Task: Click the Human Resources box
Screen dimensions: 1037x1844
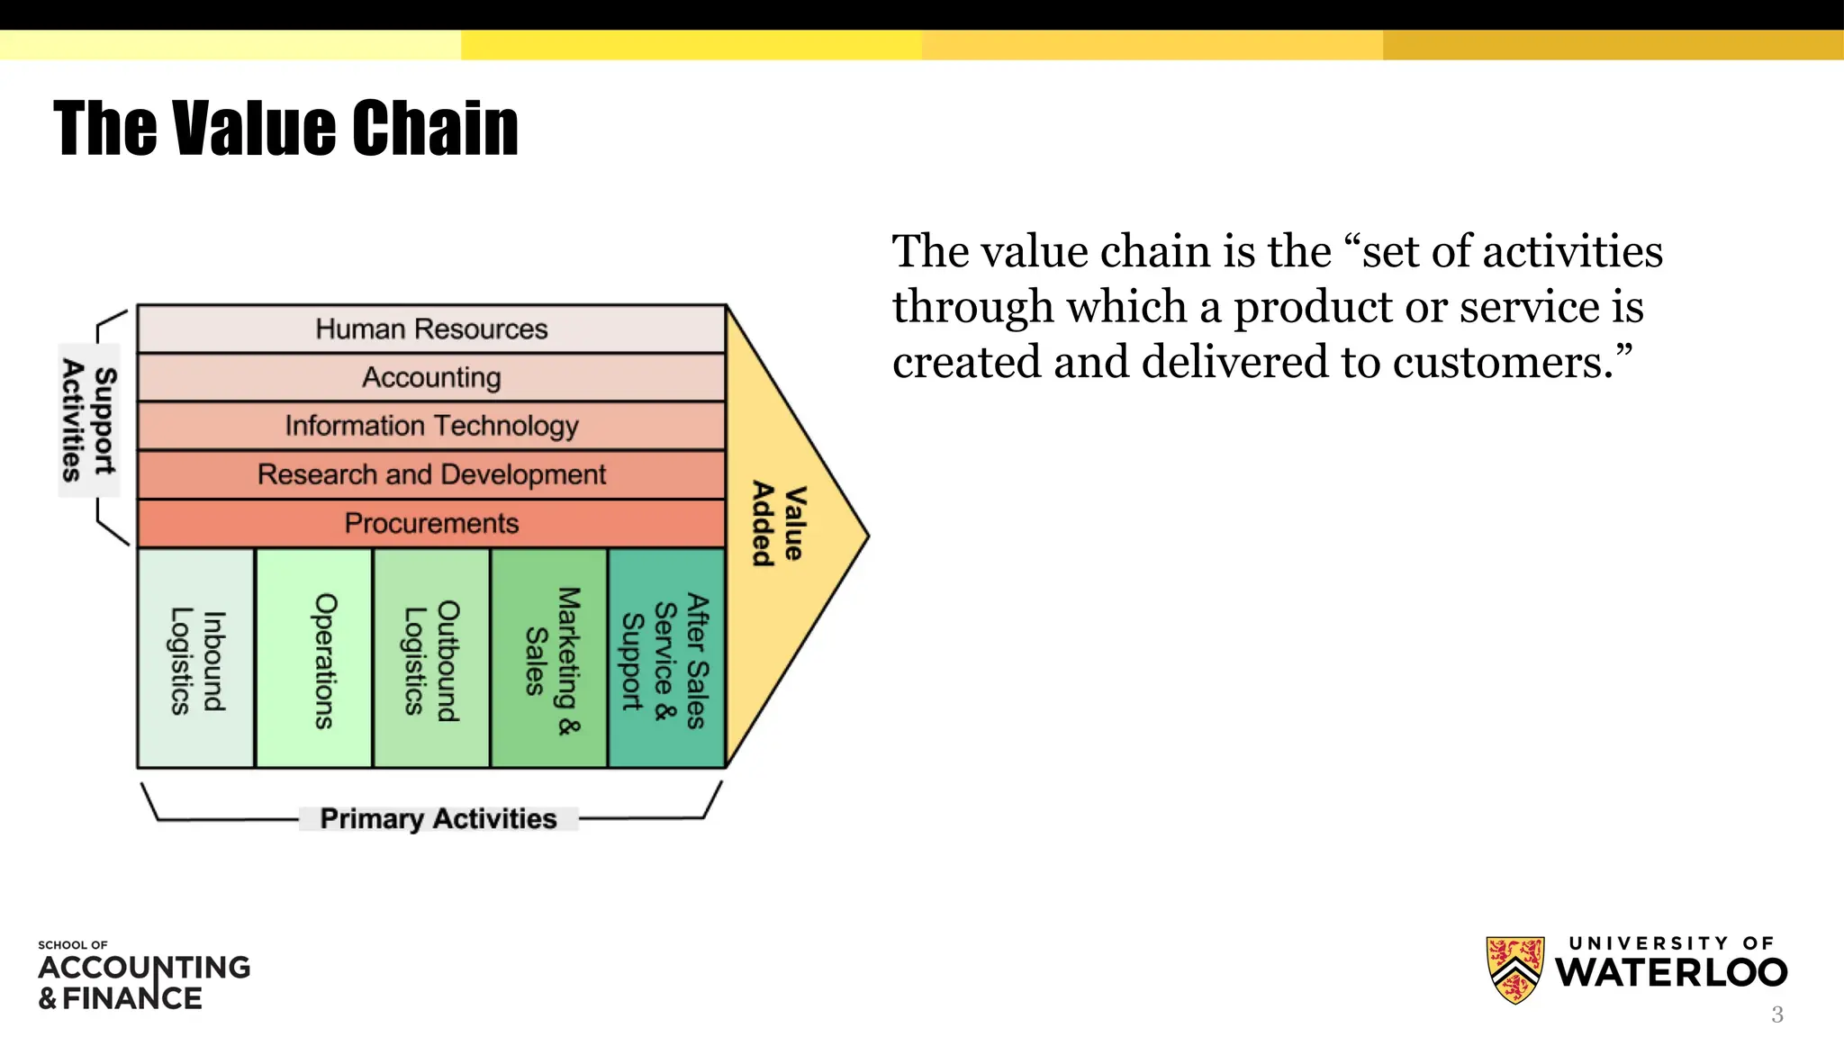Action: (x=431, y=329)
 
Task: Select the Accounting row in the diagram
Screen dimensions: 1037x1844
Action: (x=431, y=377)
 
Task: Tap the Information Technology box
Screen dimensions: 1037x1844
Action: (x=431, y=426)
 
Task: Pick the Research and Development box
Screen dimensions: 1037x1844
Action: (x=431, y=474)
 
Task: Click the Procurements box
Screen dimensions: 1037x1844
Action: (x=431, y=523)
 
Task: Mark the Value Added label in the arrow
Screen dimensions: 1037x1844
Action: (x=779, y=524)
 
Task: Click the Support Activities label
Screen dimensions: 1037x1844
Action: (x=88, y=420)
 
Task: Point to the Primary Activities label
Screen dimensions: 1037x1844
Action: (x=438, y=818)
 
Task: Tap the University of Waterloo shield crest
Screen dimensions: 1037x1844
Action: (x=1514, y=969)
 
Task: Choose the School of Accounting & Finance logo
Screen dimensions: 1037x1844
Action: (x=144, y=976)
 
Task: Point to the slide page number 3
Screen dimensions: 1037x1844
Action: (x=1776, y=1015)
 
